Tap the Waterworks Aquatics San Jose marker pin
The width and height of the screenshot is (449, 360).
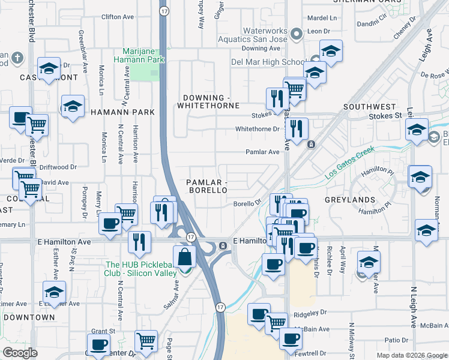coord(295,34)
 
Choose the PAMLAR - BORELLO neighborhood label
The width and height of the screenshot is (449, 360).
coord(206,185)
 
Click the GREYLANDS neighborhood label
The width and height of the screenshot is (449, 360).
coord(358,199)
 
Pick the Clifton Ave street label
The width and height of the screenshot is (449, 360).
coord(117,17)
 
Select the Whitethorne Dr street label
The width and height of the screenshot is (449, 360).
coord(258,129)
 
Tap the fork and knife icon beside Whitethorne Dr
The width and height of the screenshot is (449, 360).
coord(297,128)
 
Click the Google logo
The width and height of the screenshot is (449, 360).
coord(20,353)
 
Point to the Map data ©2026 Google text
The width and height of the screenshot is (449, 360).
coord(411,355)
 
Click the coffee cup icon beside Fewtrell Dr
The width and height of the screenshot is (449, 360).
coord(291,338)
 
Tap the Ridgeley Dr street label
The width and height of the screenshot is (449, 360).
coord(311,313)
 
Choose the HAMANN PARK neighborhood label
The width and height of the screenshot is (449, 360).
coord(122,112)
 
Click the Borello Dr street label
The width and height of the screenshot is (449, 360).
coord(247,204)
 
